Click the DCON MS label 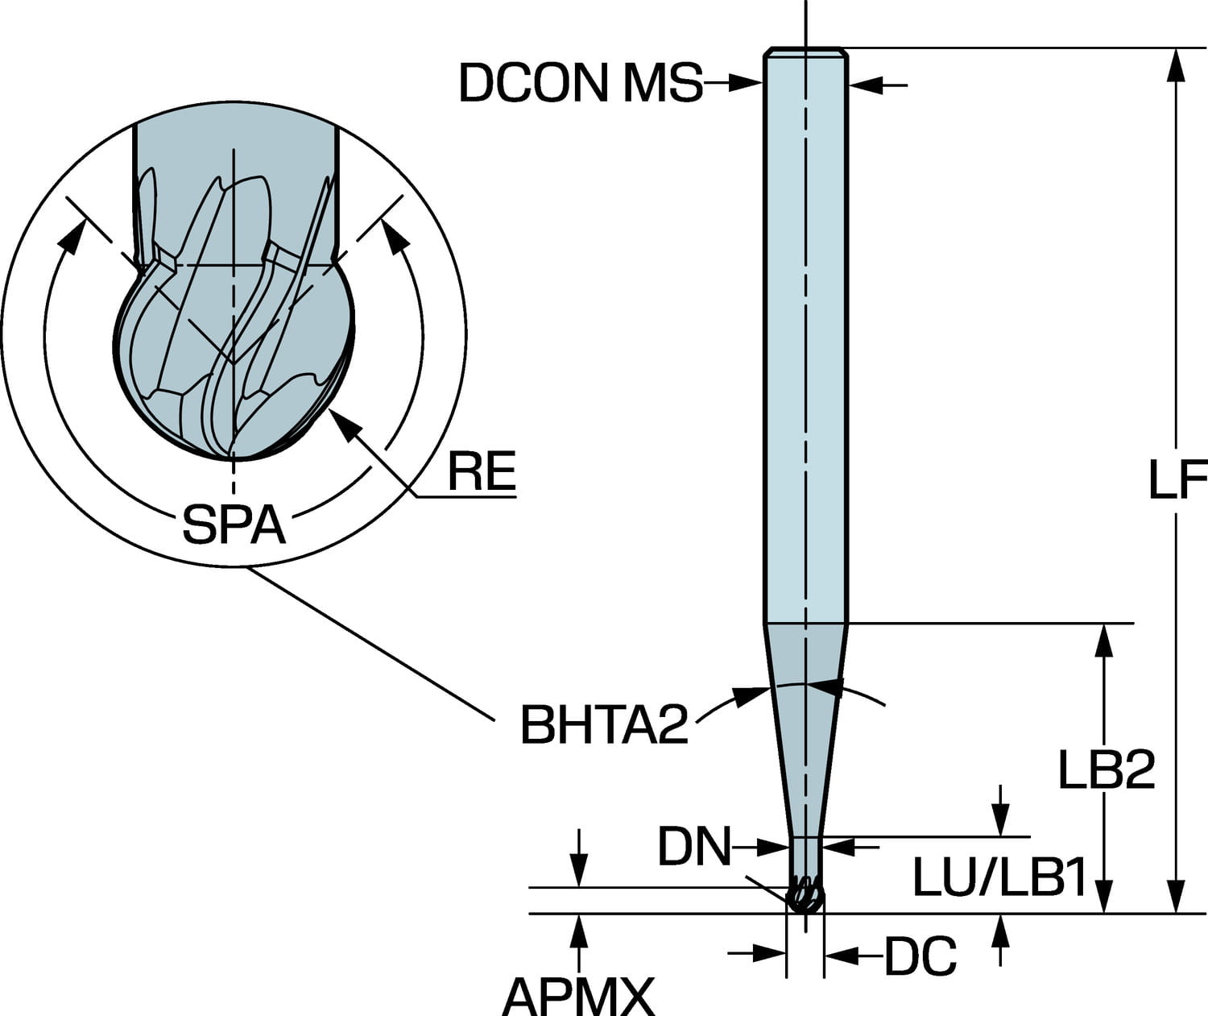(580, 82)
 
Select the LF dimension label (1176, 482)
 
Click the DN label (693, 847)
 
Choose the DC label (920, 956)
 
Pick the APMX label (577, 997)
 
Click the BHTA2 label (604, 724)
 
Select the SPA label (234, 525)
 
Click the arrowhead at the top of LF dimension (1177, 64)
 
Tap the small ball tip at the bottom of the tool (805, 898)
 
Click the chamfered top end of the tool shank (805, 52)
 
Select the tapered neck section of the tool (805, 725)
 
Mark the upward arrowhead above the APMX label (577, 930)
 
